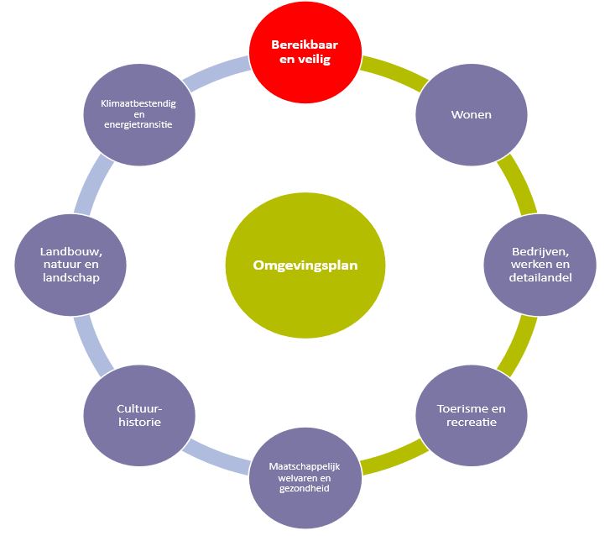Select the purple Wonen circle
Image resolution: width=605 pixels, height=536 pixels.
point(471,113)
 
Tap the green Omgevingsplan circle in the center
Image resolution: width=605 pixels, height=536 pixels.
point(305,265)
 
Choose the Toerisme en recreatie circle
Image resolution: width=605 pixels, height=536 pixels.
point(472,415)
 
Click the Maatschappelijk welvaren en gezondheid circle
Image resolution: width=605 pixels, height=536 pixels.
point(305,476)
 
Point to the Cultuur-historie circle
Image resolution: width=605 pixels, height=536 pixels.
point(138,415)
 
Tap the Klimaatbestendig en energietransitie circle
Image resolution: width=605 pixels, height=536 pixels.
point(139,113)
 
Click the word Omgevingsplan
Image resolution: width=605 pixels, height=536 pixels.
point(305,265)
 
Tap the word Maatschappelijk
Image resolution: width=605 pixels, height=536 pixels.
point(305,465)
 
